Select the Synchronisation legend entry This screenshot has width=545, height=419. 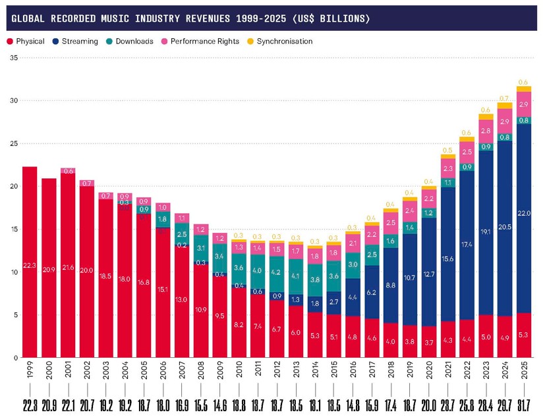[279, 41]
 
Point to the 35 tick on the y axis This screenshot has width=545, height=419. [14, 58]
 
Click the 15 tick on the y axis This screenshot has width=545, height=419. [14, 230]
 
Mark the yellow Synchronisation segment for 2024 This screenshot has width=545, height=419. [504, 105]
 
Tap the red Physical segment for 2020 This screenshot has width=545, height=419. [430, 342]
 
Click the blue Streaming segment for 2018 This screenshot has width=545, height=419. [391, 285]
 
